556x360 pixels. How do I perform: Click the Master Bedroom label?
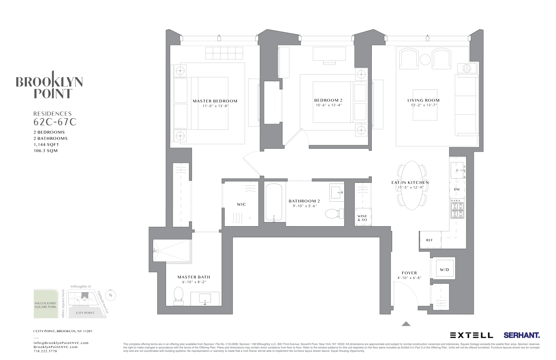[215, 101]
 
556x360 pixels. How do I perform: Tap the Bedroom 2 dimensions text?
[328, 105]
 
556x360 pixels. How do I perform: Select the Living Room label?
[423, 100]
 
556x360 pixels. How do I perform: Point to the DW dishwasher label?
[457, 189]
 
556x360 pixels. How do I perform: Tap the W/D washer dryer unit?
[444, 270]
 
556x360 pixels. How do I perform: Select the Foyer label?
[409, 273]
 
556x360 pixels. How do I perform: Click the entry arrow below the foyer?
[406, 324]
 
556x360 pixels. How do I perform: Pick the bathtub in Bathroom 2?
[274, 202]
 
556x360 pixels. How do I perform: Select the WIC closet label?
[241, 204]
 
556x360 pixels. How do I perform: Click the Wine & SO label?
[362, 218]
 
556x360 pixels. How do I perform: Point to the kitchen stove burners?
[457, 210]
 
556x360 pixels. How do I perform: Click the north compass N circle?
[110, 295]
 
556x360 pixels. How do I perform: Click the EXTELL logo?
[471, 335]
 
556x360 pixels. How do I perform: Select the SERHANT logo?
[522, 335]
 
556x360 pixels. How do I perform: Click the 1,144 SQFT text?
[46, 145]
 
